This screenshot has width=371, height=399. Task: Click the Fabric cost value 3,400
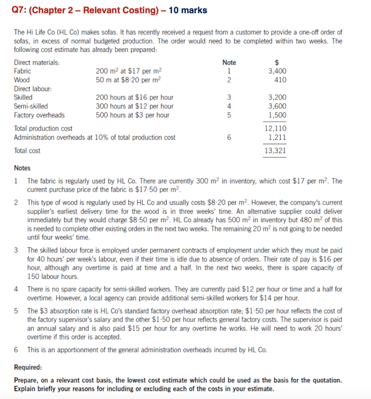point(277,71)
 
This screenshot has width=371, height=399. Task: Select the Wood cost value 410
point(280,80)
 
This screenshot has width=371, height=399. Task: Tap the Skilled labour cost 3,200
point(277,97)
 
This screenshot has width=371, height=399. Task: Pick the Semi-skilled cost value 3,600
point(277,106)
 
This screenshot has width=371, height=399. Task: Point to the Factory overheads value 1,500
point(277,115)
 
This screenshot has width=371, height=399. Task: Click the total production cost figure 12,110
point(276,128)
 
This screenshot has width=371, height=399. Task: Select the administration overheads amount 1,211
point(277,137)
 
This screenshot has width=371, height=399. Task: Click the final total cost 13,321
point(276,150)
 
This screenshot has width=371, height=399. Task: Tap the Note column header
point(229,62)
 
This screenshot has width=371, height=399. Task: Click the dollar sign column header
point(277,62)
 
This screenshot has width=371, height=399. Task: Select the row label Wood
point(21,80)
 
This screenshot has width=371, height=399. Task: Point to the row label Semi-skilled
point(31,106)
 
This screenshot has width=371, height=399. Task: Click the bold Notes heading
point(22,168)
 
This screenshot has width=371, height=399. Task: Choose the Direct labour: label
point(33,88)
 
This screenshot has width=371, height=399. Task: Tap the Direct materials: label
point(37,62)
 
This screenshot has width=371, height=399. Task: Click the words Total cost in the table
point(27,150)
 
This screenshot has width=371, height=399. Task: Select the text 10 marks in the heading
point(188,10)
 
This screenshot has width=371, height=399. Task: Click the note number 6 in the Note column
point(229,137)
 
